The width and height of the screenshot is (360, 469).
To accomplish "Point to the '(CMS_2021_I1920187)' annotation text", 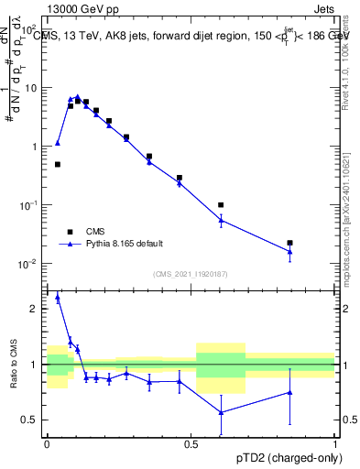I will click(190, 274).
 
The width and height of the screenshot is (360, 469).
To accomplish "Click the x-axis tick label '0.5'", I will click(191, 443).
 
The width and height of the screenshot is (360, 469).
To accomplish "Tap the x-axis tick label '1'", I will click(334, 443).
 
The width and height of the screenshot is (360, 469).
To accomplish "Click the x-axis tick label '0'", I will click(47, 443).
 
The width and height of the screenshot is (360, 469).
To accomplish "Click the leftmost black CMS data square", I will click(58, 165).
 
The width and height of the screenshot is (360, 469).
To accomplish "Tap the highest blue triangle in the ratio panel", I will click(58, 297).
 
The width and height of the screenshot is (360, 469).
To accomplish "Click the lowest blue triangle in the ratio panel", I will click(221, 412).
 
